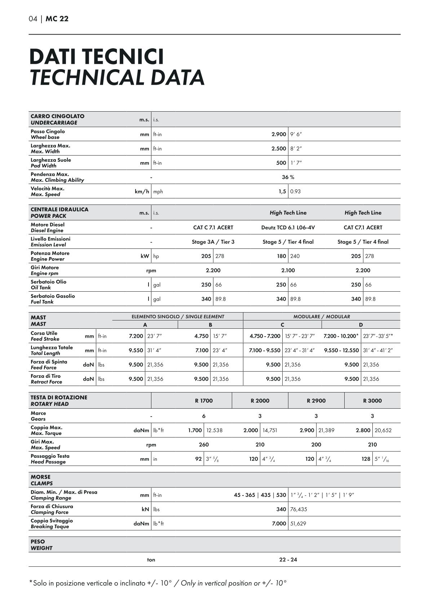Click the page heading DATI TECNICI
[x=96, y=57]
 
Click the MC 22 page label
[x=57, y=19]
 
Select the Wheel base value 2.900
[x=279, y=134]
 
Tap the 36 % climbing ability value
[x=288, y=177]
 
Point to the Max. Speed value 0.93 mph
[x=295, y=192]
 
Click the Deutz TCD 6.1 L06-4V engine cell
[x=288, y=228]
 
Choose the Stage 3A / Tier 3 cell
[x=213, y=242]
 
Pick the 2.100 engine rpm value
[x=288, y=270]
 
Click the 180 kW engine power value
[x=281, y=256]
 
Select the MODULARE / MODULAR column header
[x=322, y=317]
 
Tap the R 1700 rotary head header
[x=204, y=401]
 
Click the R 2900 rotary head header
[x=316, y=401]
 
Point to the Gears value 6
[x=204, y=416]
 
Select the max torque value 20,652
[x=383, y=430]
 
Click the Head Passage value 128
[x=366, y=459]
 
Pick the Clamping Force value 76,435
[x=298, y=509]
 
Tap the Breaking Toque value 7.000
[x=279, y=524]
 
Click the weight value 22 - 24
[x=288, y=560]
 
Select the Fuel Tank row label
[x=53, y=299]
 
